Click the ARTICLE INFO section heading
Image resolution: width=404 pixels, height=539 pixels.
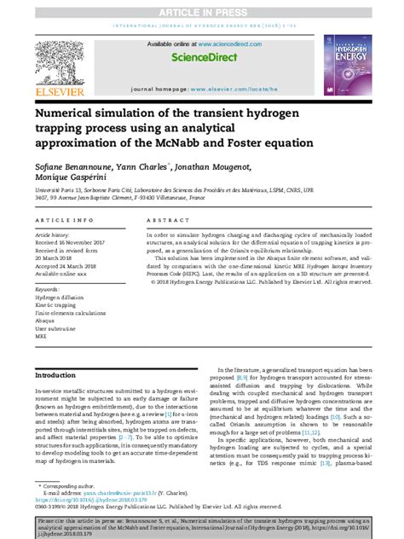pos(65,219)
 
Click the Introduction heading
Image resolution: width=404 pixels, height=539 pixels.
pos(55,374)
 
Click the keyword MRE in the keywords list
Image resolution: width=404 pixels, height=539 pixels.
pos(41,335)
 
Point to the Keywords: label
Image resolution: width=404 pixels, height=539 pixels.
pos(47,289)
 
